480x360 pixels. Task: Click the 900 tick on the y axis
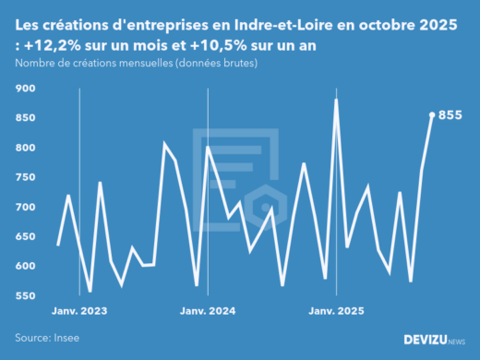click(26, 89)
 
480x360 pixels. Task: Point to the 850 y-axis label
click(26, 118)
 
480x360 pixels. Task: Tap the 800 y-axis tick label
click(26, 148)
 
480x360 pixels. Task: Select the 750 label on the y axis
click(26, 177)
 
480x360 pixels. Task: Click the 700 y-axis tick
click(26, 207)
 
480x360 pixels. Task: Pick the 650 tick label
click(26, 237)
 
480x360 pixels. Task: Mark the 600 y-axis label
click(26, 267)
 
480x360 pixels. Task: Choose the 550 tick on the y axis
click(26, 296)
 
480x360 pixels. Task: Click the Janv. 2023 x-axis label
click(80, 311)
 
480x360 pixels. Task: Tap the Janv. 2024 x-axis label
click(209, 311)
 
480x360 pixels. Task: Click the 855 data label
click(450, 115)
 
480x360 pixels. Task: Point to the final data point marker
click(432, 115)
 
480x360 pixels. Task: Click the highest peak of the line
click(336, 99)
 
